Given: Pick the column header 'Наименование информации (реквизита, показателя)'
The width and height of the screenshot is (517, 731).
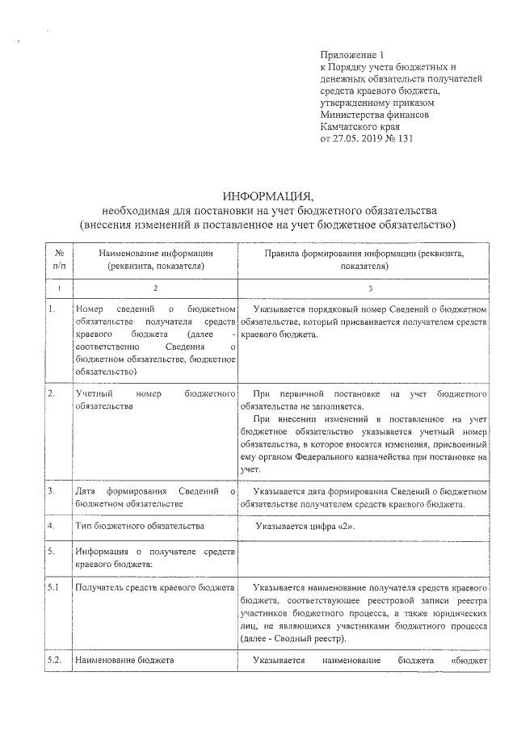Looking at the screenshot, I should coord(157,258).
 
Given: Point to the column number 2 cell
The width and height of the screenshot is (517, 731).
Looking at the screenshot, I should coord(157,288).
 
